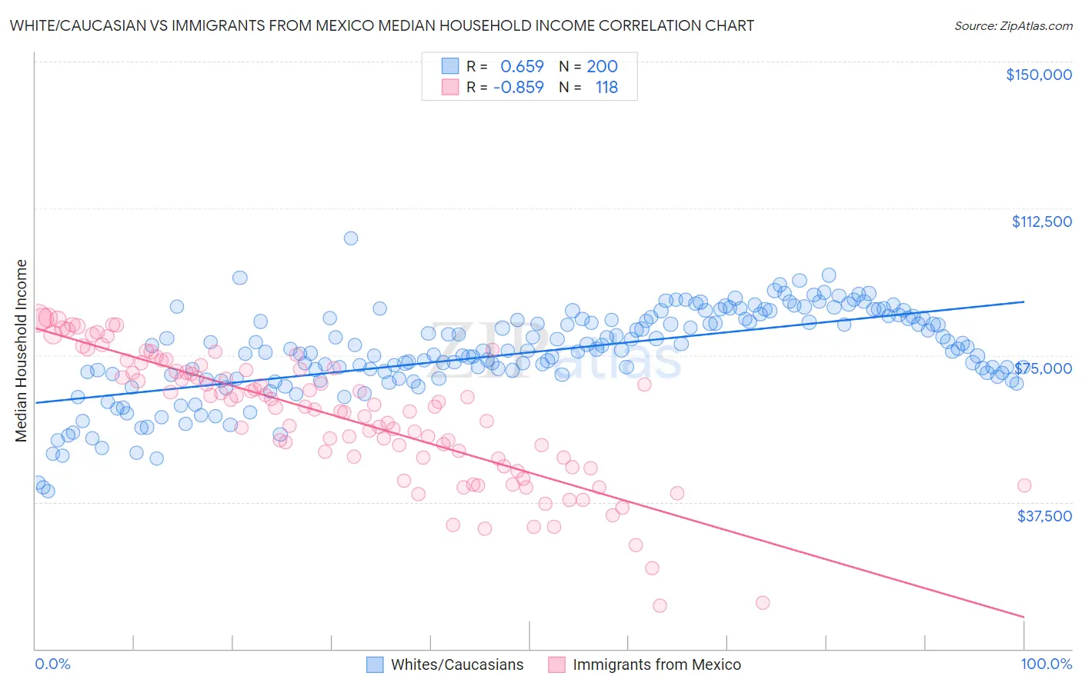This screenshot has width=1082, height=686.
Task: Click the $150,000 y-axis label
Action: coord(1038,75)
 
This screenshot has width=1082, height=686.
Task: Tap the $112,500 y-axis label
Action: coord(1041,221)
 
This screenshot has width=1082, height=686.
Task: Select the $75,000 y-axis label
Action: coord(1044,368)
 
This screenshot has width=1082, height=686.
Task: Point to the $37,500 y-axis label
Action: coord(1044,516)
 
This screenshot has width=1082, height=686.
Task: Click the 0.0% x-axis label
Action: coord(52,664)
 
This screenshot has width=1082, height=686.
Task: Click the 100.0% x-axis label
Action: coord(1047,664)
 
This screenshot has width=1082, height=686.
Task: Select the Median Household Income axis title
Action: coord(22,351)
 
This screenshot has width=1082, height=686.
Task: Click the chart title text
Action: coord(382,25)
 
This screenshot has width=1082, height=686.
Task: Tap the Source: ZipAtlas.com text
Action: coord(1013,25)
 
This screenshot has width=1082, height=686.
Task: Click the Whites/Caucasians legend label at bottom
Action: coord(457,664)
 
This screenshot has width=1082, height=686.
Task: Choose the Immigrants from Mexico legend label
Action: coord(656,664)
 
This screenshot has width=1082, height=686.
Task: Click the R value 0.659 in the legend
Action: coord(522,66)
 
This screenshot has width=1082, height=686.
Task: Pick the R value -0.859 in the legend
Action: coord(518,87)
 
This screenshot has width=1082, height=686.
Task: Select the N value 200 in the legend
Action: coord(602,66)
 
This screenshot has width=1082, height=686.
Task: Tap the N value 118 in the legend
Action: coord(606,87)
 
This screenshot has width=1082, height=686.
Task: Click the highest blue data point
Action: coord(351,238)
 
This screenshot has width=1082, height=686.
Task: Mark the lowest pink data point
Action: coord(660,606)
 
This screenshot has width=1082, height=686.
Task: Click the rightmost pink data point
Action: coord(1024,485)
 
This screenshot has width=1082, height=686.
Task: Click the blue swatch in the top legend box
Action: coord(450,66)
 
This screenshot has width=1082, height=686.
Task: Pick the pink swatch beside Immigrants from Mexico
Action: coord(556,664)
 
